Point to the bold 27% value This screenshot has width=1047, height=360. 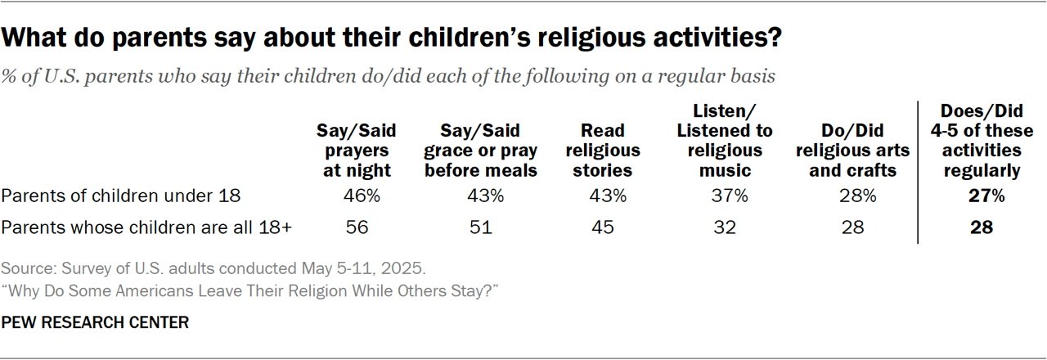(982, 196)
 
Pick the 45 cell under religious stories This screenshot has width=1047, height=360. (602, 227)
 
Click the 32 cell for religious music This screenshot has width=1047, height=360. (725, 227)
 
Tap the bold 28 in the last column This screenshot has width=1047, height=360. (982, 227)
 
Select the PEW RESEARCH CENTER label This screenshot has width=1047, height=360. (95, 323)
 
